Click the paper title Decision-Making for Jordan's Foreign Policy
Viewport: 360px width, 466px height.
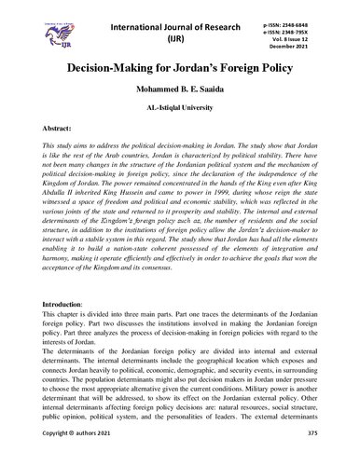click(180, 67)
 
